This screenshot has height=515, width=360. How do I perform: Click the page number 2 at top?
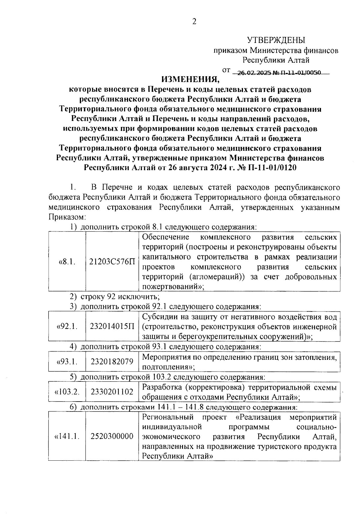point(194,22)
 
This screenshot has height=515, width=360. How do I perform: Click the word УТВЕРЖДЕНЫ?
point(276,40)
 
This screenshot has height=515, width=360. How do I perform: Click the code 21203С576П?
point(112,261)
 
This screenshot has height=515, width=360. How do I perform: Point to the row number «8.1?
point(67,261)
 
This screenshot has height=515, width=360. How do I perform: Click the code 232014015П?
point(112,326)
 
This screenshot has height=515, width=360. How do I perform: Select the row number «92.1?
point(67,326)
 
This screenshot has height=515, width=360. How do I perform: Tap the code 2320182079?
point(112,362)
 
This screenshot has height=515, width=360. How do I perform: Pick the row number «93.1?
point(67,362)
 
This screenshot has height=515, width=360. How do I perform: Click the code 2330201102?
point(112,392)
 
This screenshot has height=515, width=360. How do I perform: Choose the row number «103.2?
point(67,392)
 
